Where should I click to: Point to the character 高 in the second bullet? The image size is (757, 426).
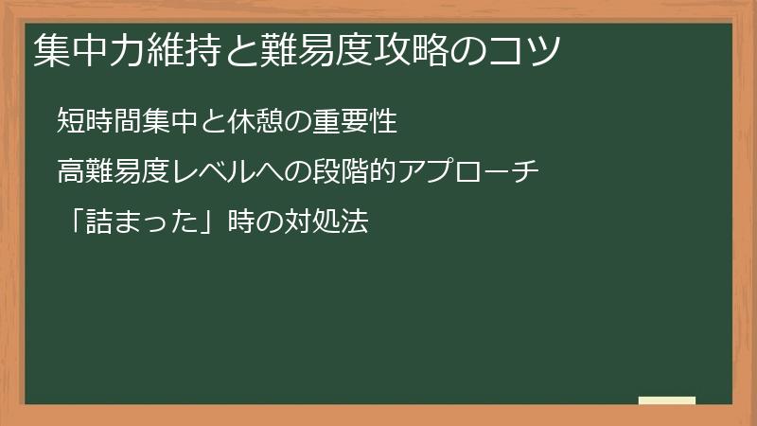(69, 172)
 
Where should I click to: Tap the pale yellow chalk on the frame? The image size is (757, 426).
(667, 400)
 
